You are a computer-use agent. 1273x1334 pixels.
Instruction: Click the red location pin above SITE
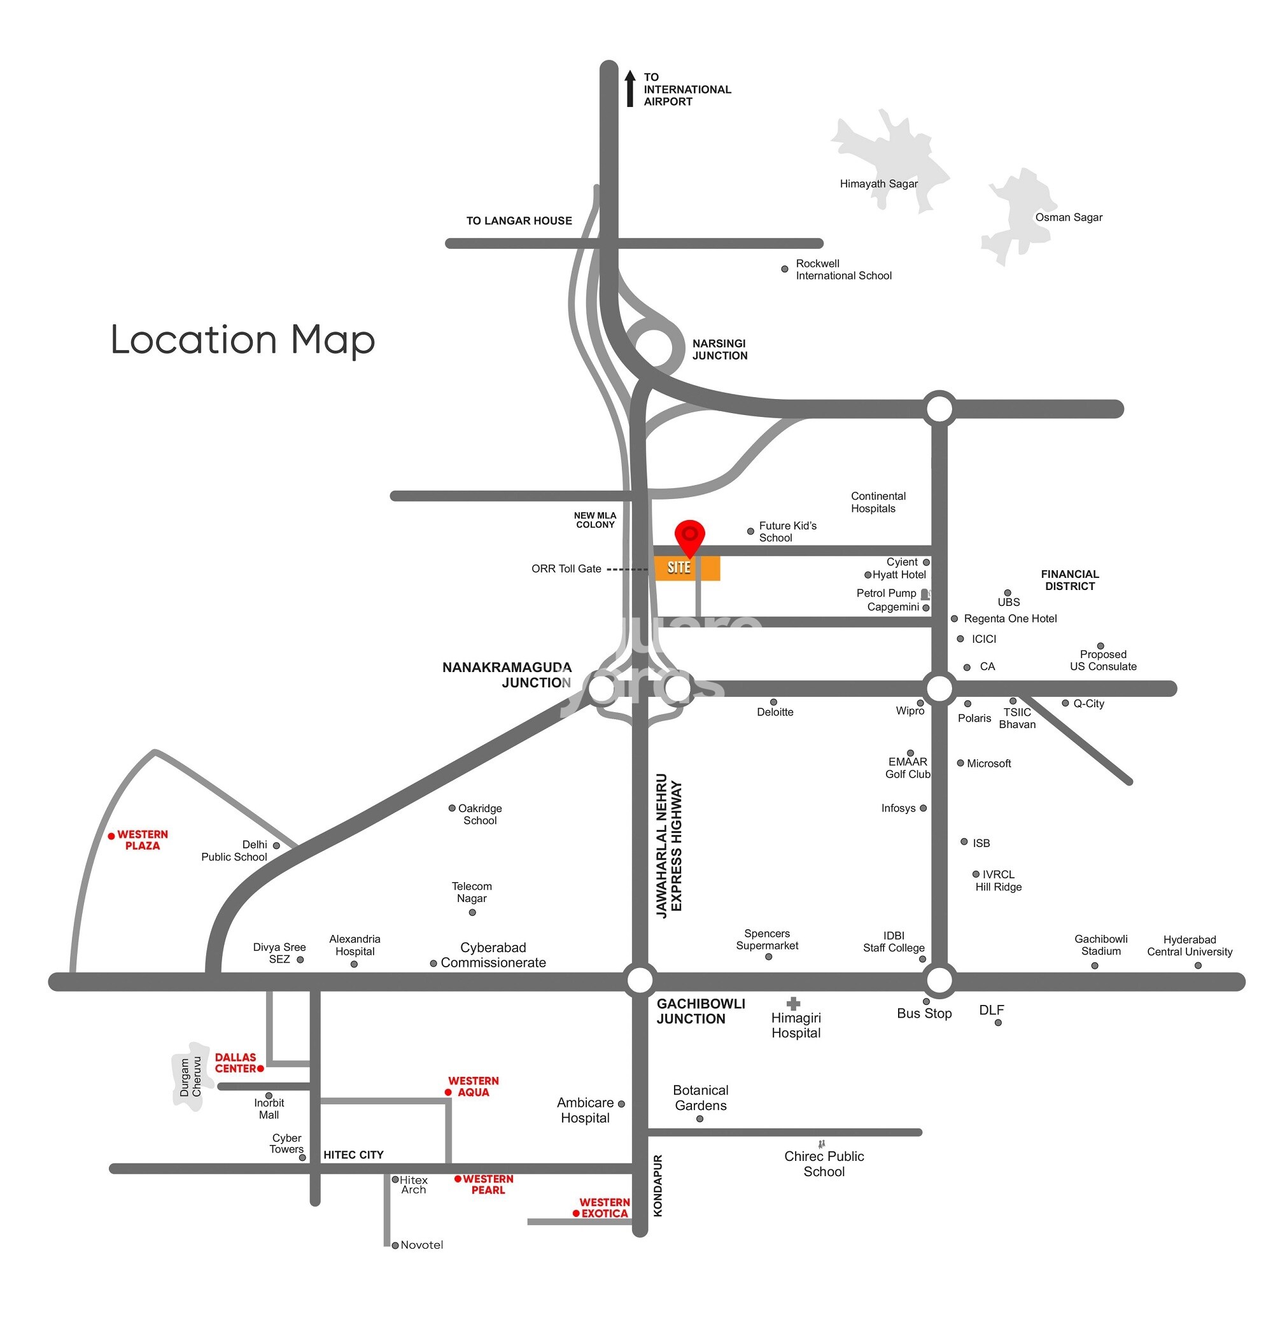tap(689, 535)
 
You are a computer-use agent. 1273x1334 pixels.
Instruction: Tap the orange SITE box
tap(687, 568)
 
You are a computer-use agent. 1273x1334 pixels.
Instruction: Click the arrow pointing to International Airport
tap(629, 88)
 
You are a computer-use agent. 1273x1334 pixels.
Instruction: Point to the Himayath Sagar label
tap(878, 184)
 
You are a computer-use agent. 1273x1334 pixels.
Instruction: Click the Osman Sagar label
tap(1068, 217)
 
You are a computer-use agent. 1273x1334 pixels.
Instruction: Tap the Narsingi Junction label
tap(719, 349)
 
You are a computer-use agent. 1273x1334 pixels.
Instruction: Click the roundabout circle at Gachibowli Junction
tap(639, 979)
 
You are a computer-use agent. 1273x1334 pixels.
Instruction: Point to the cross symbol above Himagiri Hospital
tap(793, 1004)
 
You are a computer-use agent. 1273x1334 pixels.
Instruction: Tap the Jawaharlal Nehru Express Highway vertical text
tap(669, 845)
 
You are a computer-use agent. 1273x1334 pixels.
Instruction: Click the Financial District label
tap(1069, 580)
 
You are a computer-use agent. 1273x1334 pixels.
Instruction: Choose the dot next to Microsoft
tap(960, 763)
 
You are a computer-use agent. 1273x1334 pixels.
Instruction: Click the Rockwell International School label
tap(843, 269)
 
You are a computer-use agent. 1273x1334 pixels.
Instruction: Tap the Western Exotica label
tap(604, 1208)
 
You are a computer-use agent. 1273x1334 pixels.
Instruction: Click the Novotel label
tap(421, 1244)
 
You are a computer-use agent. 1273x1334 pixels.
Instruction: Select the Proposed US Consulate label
tap(1102, 660)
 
